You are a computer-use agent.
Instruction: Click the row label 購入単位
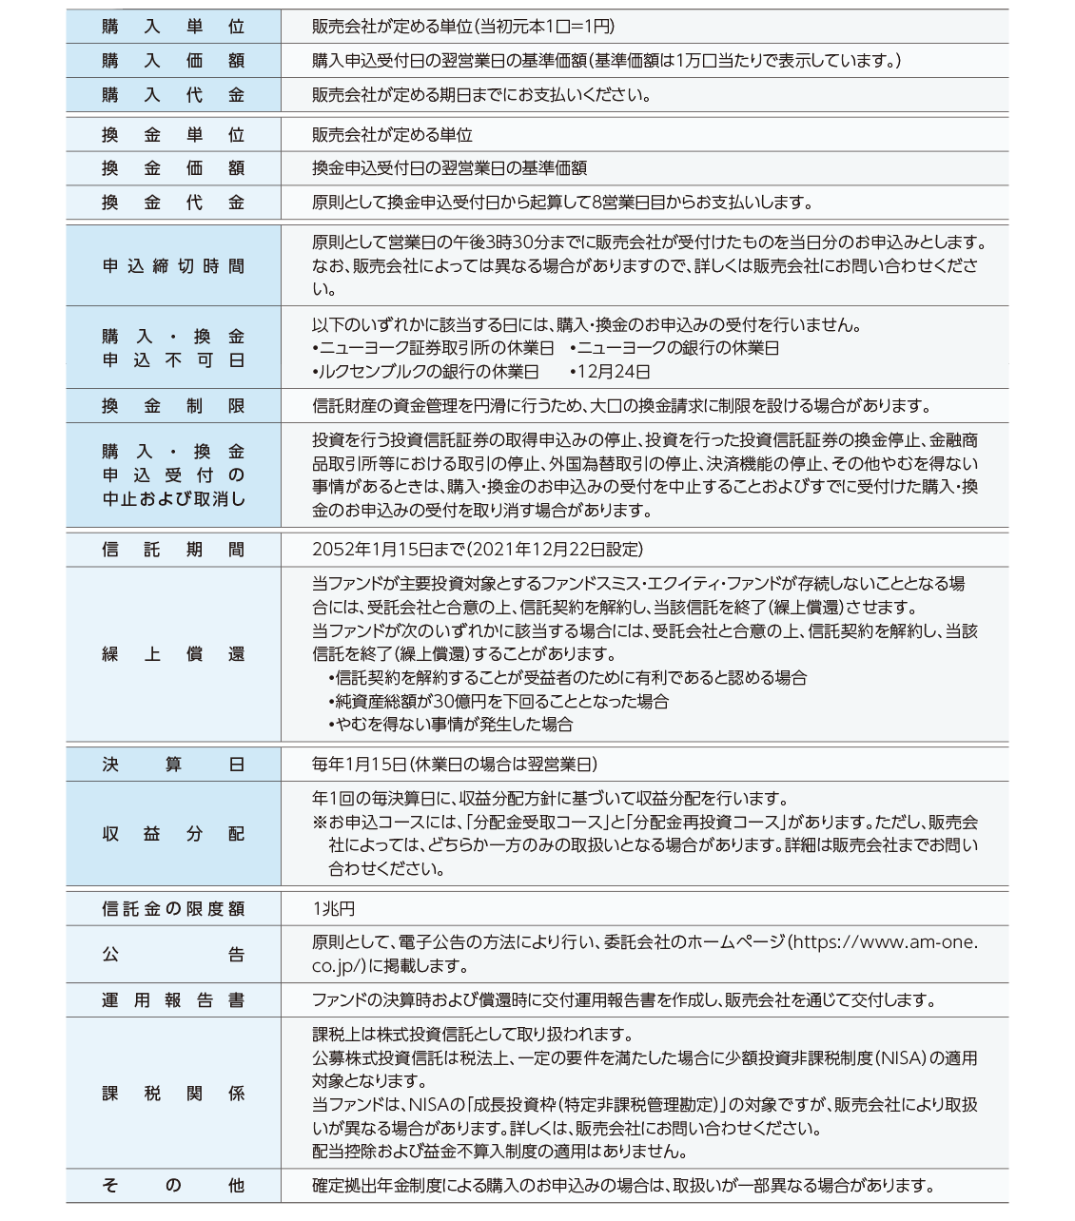173,27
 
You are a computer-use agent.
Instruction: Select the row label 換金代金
173,203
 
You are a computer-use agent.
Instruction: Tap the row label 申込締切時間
173,266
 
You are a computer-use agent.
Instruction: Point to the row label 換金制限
173,406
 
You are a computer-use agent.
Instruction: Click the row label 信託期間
173,550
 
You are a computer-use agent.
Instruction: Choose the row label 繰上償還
173,654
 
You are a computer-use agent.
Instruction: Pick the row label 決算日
173,765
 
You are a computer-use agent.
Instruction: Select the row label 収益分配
173,834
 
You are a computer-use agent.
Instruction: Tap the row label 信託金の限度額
173,909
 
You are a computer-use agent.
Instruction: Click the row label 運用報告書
173,1000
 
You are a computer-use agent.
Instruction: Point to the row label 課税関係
173,1094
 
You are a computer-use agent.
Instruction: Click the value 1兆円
333,909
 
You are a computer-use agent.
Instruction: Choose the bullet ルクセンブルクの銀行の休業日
427,372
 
